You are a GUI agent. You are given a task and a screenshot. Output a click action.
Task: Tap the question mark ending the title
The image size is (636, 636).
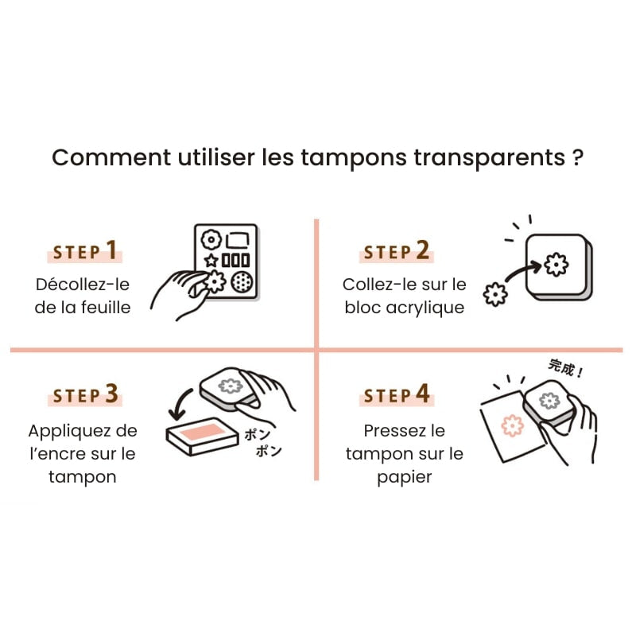[578, 157]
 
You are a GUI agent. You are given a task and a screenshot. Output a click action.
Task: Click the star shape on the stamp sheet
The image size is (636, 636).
[211, 260]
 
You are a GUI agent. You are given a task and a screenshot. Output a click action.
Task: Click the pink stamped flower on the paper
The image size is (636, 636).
[514, 426]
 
